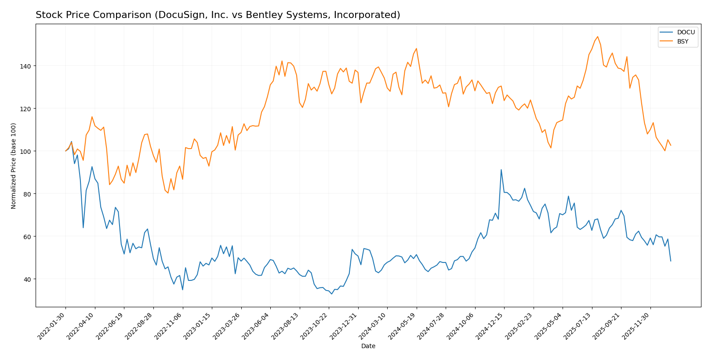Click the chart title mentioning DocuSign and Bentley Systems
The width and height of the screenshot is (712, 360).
[x=218, y=15]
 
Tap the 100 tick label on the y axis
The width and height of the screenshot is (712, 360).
[x=27, y=151]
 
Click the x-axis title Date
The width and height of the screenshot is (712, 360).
[x=368, y=346]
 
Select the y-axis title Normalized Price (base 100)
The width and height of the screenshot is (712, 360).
[x=14, y=166]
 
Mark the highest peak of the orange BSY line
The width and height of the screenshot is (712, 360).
[x=598, y=36]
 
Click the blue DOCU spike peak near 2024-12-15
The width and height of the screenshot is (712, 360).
[x=501, y=170]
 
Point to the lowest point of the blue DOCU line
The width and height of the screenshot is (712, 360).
[x=331, y=294]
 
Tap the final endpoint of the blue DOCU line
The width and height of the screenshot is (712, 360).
[x=671, y=261]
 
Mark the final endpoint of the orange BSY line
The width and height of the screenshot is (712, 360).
[x=671, y=145]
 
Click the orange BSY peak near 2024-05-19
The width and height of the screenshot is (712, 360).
[x=416, y=48]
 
